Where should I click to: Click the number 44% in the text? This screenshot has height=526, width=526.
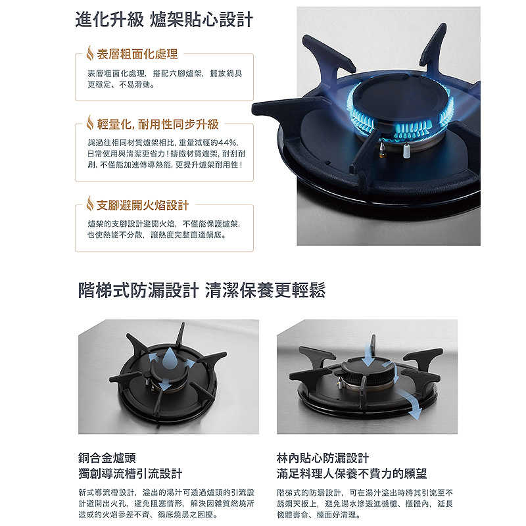pos(226,142)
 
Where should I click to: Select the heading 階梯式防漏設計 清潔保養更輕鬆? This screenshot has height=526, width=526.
pos(201,290)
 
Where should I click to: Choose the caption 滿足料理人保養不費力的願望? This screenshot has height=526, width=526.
pos(352,473)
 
